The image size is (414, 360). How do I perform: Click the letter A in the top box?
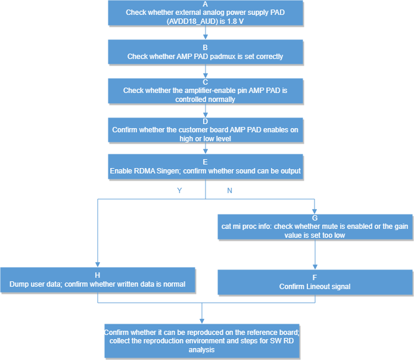pyautogui.click(x=205, y=4)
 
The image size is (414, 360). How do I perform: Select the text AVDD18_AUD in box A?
pyautogui.click(x=193, y=21)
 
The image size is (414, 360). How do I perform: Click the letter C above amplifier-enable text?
pyautogui.click(x=205, y=82)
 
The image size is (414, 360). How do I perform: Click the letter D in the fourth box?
pyautogui.click(x=205, y=122)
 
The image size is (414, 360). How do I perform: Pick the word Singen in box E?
pyautogui.click(x=168, y=171)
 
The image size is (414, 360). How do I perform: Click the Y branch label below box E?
pyautogui.click(x=179, y=191)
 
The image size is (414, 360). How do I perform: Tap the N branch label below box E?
pyautogui.click(x=230, y=191)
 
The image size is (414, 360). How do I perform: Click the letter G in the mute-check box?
pyautogui.click(x=315, y=218)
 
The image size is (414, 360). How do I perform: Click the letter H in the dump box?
pyautogui.click(x=98, y=275)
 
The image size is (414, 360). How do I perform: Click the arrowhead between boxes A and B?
pyautogui.click(x=206, y=37)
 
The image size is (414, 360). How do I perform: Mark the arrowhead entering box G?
pyautogui.click(x=315, y=212)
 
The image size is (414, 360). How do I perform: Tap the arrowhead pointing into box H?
pyautogui.click(x=98, y=265)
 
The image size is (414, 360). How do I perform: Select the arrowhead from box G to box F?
pyautogui.click(x=315, y=267)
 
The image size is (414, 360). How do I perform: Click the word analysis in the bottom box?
pyautogui.click(x=201, y=350)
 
